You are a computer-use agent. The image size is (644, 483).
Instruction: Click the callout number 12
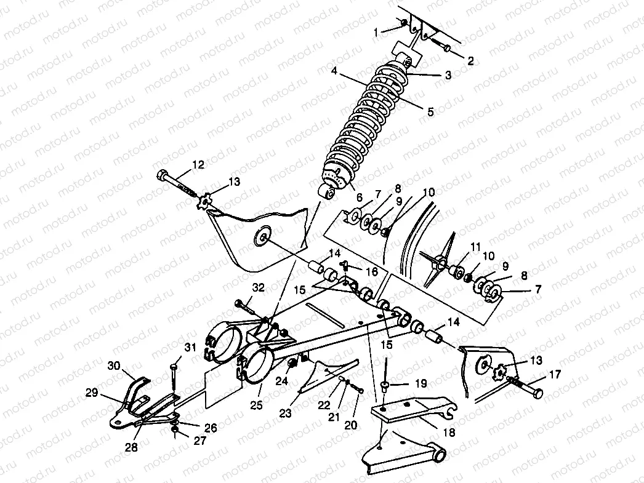coord(198,164)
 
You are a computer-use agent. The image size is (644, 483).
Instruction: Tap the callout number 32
coord(258,288)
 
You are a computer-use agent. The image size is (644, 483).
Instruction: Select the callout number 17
coord(555,374)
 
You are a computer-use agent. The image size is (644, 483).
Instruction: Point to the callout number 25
coord(256,405)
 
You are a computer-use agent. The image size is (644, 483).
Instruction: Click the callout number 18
coord(449,432)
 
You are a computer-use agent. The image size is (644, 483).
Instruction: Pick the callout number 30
coord(114,365)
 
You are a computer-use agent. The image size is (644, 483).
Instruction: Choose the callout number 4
coord(334,71)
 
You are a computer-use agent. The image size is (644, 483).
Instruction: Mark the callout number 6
coord(360,198)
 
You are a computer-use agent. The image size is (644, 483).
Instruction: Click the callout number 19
coord(421,383)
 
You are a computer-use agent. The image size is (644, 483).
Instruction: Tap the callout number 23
coord(285,412)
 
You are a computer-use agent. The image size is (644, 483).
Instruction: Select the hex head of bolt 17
coord(537,394)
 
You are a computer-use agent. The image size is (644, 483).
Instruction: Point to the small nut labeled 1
coord(404,22)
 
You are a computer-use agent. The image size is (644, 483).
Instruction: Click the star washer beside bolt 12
coord(203,202)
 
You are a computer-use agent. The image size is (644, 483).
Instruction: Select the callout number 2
coord(470,61)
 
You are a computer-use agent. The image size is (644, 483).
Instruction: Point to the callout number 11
coord(475,247)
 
